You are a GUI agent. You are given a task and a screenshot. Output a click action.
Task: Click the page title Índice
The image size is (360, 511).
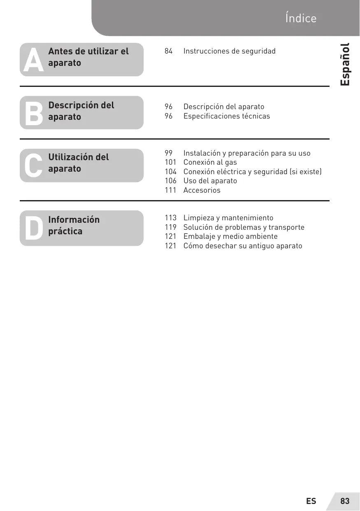click(x=300, y=19)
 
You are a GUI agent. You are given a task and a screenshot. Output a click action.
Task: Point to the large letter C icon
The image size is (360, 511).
click(x=33, y=166)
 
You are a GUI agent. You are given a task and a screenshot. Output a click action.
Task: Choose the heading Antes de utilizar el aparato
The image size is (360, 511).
click(x=88, y=57)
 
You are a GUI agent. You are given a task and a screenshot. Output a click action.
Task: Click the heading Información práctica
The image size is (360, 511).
click(x=74, y=225)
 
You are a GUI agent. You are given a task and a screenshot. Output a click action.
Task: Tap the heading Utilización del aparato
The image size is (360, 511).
click(x=79, y=163)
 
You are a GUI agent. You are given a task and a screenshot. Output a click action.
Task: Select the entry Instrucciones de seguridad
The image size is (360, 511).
click(x=229, y=51)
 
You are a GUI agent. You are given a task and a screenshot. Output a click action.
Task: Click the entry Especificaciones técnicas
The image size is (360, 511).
click(x=227, y=116)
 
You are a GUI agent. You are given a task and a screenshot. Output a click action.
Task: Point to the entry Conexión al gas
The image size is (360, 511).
click(x=210, y=162)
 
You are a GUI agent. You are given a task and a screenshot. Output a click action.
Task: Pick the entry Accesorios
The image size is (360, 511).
click(x=202, y=190)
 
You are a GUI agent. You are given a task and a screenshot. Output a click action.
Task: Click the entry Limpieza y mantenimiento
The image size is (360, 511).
click(x=228, y=218)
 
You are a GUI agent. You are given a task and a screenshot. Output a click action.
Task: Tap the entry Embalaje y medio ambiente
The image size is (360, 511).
click(x=230, y=236)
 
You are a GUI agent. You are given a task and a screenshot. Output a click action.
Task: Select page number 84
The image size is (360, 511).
click(x=169, y=51)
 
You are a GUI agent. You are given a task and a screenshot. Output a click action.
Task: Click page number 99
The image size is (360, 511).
click(x=169, y=153)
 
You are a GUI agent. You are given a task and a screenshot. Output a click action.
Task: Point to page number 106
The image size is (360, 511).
click(x=170, y=181)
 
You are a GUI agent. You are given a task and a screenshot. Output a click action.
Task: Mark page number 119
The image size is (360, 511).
click(x=170, y=227)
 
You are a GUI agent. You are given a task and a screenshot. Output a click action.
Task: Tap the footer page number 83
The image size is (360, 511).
click(x=345, y=501)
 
